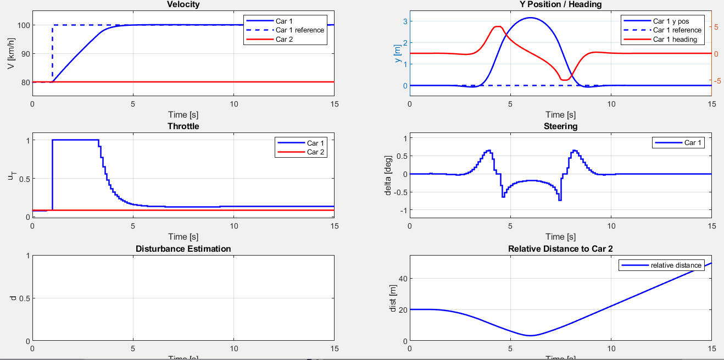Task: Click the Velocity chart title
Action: (x=183, y=4)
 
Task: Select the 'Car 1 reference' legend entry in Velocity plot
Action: (x=300, y=30)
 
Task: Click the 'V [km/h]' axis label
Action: (x=10, y=54)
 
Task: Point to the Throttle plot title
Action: (x=183, y=126)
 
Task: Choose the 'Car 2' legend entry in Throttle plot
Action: (x=316, y=152)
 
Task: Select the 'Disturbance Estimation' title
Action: (x=183, y=249)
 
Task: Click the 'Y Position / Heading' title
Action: (x=560, y=4)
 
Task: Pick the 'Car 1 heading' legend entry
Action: (x=675, y=40)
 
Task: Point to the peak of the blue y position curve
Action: (x=530, y=18)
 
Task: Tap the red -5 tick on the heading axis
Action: (x=720, y=81)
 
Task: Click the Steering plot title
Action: (x=560, y=126)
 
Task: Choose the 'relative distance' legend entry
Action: (x=676, y=265)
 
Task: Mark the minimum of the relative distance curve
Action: (x=530, y=335)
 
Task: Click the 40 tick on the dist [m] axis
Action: (x=400, y=279)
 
